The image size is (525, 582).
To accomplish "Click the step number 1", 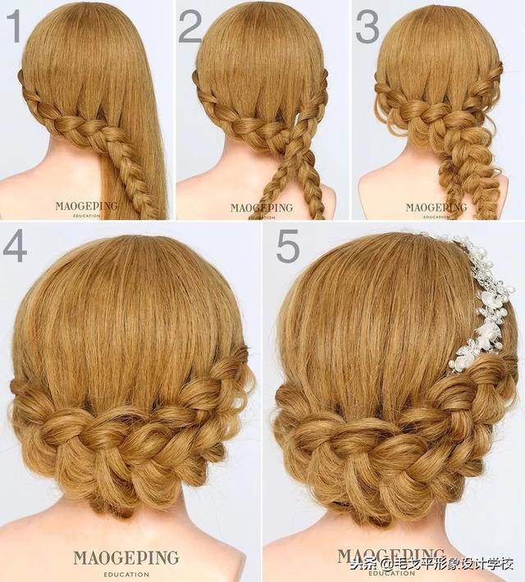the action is pos(16,26).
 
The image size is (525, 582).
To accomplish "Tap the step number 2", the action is pos(190,26).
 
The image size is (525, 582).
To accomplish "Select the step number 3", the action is pos(367,26).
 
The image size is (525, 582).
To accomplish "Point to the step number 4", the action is pos(15,246).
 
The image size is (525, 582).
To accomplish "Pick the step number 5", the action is pos(288,245).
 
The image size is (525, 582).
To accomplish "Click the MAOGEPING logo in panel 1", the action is pos(86,206).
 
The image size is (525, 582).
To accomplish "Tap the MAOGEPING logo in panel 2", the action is pos(261,208).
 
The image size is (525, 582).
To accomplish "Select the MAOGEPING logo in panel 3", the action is pos(436,208).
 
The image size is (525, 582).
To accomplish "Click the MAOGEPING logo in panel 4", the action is pos(126,558).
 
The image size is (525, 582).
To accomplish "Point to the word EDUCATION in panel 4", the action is pos(126,575).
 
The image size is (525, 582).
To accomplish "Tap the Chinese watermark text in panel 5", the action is pos(432,565).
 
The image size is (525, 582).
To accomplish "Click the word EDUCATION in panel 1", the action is pos(86,215).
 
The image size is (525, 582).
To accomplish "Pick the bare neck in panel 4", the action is pos(126,527).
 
